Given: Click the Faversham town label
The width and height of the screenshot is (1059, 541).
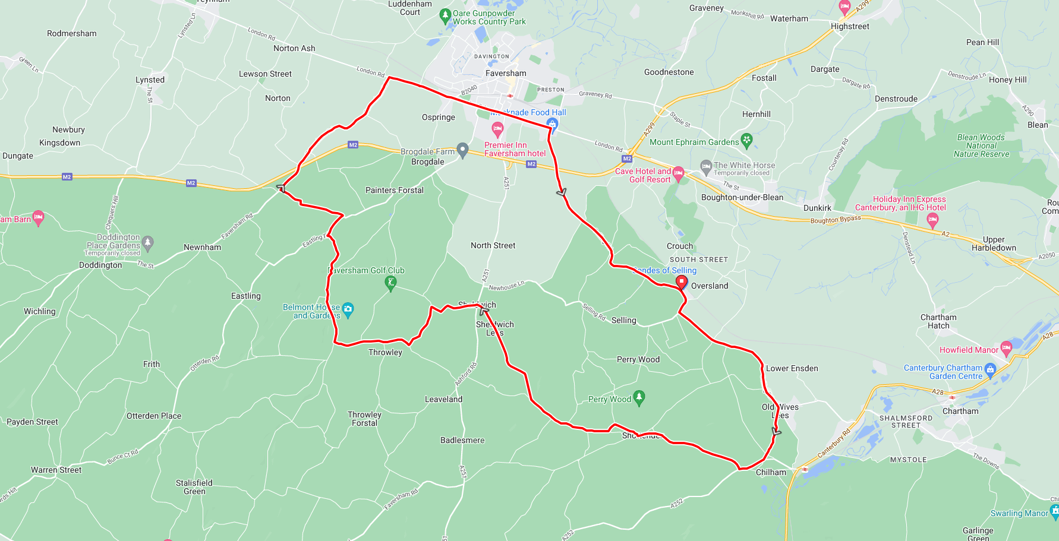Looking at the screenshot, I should pos(506,73).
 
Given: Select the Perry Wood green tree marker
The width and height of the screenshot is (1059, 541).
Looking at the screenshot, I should pos(639,397).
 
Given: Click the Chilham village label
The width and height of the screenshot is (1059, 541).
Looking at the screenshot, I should pos(771,472).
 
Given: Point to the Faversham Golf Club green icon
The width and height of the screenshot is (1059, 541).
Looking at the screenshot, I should pos(390,283).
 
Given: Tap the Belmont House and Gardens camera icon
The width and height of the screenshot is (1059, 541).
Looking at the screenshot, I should pos(348,309).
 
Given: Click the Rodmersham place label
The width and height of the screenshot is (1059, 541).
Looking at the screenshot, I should pos(72,33).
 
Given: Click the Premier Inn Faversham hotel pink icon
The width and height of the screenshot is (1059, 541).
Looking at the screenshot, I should pos(498,128).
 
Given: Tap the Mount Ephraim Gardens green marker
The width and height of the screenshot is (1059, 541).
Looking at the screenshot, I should pos(747,141).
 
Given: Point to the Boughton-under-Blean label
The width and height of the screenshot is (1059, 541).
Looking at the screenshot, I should pos(742,197).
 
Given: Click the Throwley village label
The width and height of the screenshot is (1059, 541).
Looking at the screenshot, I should pos(385,352).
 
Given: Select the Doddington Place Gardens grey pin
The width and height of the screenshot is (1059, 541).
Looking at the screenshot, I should pos(148,242).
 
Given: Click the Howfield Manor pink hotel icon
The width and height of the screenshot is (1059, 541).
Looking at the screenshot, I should pos(1006,348).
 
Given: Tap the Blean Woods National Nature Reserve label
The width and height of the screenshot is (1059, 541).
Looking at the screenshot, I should pos(981,145).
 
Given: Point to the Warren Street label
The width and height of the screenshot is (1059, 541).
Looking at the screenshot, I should pos(56,470).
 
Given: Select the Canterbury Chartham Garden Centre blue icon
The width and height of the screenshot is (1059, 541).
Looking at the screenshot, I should pos(990,370).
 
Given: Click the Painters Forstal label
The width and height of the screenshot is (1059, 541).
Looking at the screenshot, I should pos(395,190).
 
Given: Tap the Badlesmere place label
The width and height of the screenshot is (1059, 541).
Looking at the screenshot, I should pos(462,440).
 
